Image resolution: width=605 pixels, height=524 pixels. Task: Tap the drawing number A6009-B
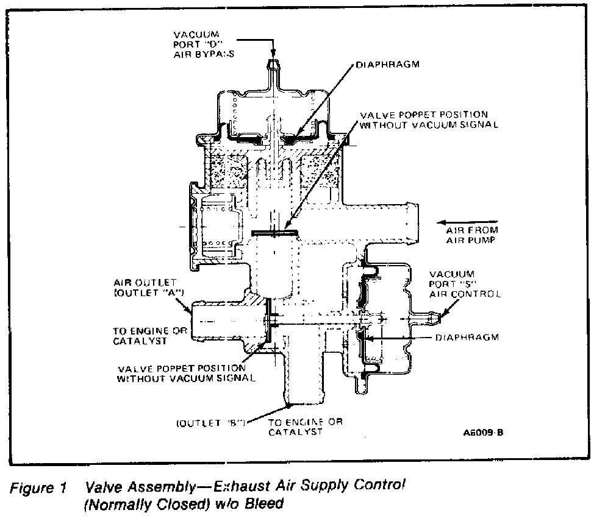pos(482,433)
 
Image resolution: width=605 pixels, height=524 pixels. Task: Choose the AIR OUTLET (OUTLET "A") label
pos(145,288)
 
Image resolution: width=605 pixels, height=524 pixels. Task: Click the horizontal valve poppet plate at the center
pos(274,232)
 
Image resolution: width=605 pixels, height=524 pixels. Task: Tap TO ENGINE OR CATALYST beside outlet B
pos(306,427)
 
